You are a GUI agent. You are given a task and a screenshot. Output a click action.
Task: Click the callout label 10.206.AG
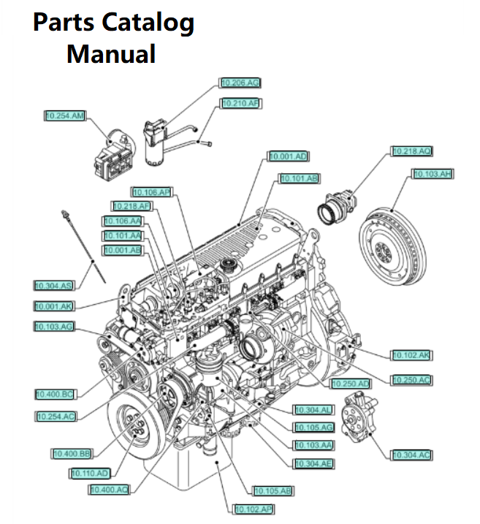240,83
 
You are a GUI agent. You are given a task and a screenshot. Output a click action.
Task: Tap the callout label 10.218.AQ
412,151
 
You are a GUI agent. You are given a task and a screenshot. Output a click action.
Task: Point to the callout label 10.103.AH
433,174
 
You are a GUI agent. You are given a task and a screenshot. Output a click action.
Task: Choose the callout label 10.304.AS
54,285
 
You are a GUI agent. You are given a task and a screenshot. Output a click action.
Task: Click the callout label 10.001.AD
289,156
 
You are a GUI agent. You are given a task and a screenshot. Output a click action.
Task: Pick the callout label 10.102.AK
411,355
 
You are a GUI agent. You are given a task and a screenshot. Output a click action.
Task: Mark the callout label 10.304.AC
411,455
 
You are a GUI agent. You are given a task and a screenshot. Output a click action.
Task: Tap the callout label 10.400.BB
71,453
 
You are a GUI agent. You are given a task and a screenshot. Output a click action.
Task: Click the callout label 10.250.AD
351,383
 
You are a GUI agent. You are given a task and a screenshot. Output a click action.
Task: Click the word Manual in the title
111,53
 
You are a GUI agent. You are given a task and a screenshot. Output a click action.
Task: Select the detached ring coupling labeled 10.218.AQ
338,205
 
